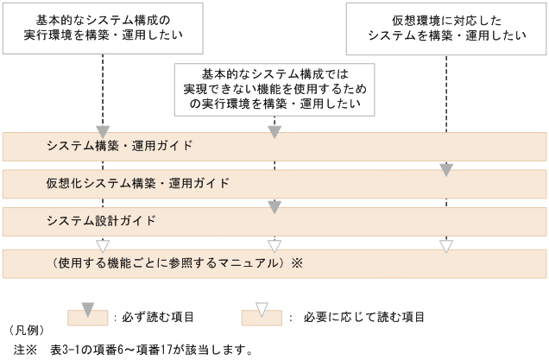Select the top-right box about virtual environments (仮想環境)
click(446, 28)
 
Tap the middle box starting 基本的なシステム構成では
click(274, 89)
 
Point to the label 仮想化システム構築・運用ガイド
click(138, 183)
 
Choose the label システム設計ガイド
click(101, 221)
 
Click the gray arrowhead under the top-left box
click(103, 132)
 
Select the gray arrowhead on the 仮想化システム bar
click(446, 170)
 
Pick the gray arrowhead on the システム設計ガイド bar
click(274, 207)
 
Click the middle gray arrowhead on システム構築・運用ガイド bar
click(274, 132)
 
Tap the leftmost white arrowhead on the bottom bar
click(103, 246)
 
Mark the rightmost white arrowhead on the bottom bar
click(446, 246)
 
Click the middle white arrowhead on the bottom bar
click(274, 246)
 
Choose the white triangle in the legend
click(263, 308)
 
